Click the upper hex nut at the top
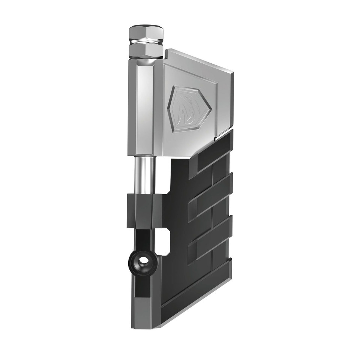146,34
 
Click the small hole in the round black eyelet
143,262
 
